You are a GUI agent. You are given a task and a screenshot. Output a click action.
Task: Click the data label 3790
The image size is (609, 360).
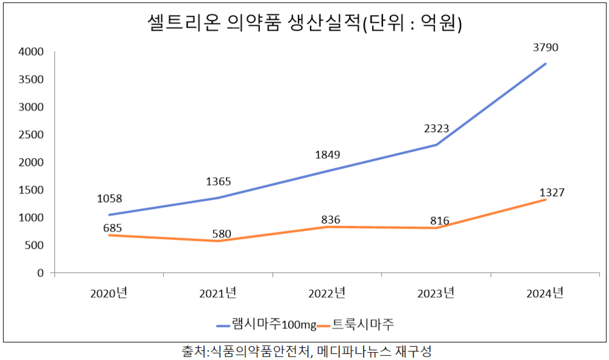[546, 48]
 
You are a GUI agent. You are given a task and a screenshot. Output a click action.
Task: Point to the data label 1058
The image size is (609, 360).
[109, 199]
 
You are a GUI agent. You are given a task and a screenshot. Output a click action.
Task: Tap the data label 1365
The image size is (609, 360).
[218, 181]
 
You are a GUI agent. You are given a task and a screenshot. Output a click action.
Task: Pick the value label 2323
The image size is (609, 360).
[436, 129]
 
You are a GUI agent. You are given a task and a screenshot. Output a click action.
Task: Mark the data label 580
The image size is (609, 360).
[218, 233]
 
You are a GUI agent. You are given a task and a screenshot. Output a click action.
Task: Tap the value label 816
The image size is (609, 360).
[439, 221]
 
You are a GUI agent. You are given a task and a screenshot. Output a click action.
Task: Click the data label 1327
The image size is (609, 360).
[552, 192]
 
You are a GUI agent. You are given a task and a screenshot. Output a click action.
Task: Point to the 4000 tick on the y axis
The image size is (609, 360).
[32, 52]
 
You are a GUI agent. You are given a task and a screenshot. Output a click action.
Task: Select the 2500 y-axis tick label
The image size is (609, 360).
[32, 135]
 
